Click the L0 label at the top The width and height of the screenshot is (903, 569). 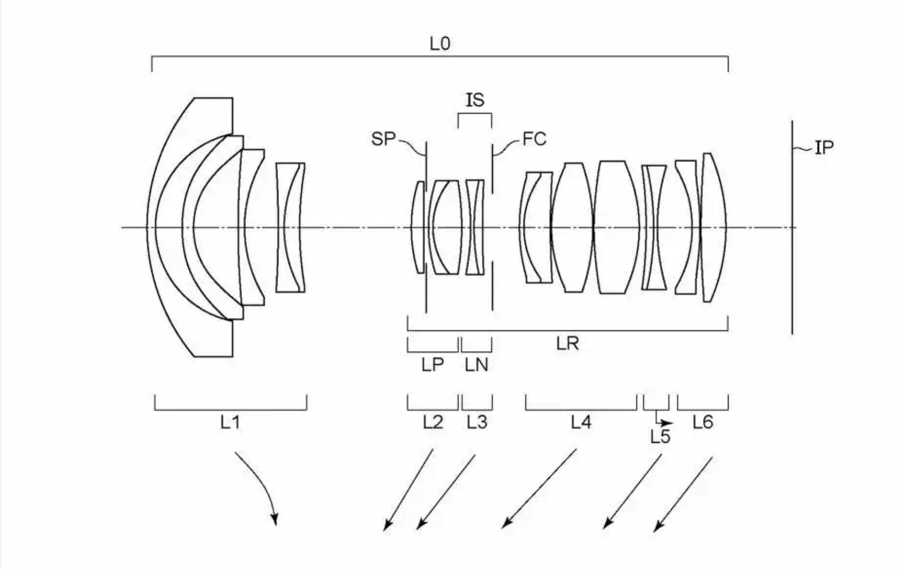[440, 44]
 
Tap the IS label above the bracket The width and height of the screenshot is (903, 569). [475, 99]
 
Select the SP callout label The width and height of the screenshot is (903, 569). [383, 138]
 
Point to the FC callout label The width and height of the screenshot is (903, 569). [534, 138]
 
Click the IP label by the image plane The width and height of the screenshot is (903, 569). [824, 148]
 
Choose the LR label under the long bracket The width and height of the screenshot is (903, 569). [568, 344]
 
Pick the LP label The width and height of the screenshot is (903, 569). [433, 364]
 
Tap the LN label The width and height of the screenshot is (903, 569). [477, 364]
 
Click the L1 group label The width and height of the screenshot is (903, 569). [230, 422]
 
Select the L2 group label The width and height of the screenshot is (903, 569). [433, 422]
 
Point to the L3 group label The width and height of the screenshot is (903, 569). [477, 422]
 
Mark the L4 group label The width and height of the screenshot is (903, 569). [581, 422]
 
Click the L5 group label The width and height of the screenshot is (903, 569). [660, 437]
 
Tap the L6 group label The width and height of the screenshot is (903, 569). [703, 422]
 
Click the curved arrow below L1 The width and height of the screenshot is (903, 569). [260, 483]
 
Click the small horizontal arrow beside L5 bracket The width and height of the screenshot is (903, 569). [665, 422]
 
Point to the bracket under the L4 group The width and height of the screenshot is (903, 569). [581, 409]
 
